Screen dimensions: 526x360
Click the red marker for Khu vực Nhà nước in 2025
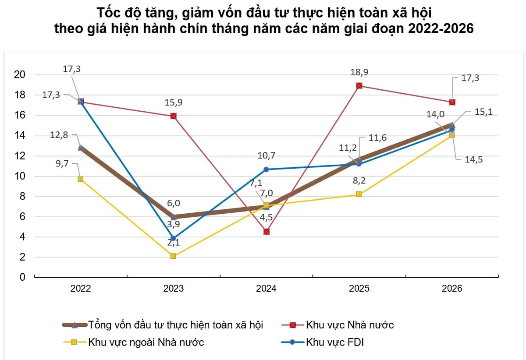[359, 86]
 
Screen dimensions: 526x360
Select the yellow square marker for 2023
[173, 256]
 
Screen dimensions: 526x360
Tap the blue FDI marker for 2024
[266, 169]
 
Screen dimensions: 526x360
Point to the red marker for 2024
[267, 232]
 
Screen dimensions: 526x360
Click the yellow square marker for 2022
[80, 179]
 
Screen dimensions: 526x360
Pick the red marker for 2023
[174, 116]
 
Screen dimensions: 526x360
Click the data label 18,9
[359, 72]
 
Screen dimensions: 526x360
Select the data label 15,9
[173, 102]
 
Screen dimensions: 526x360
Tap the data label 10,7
[267, 155]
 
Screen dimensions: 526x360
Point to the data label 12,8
[59, 135]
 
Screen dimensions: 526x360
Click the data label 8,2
[359, 180]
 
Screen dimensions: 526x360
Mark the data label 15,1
[483, 112]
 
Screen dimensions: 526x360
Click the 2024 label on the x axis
[266, 289]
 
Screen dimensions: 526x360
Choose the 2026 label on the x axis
[452, 289]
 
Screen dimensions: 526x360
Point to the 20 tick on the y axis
[19, 74]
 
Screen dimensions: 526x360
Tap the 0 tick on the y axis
[22, 277]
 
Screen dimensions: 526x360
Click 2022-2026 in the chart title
[441, 28]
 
